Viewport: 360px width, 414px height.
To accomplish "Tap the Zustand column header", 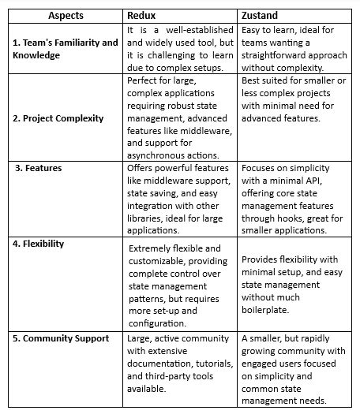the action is click(x=263, y=15).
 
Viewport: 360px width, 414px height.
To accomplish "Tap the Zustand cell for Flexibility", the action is click(x=292, y=280).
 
